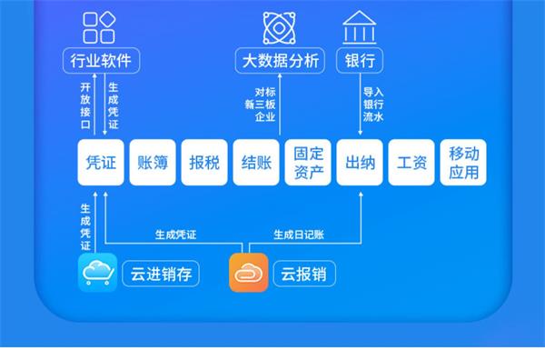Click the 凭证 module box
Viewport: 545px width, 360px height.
click(101, 163)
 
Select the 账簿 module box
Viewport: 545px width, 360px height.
click(153, 163)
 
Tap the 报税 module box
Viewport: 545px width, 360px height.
click(204, 163)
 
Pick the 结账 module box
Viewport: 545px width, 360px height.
click(256, 163)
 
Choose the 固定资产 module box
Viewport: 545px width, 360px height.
click(308, 163)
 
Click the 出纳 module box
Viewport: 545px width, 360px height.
click(360, 163)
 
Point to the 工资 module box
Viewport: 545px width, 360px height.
click(411, 163)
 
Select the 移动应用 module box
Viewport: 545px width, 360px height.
click(463, 163)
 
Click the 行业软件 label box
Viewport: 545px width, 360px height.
click(101, 61)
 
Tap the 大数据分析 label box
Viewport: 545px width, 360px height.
click(280, 61)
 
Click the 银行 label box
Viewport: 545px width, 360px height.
click(360, 61)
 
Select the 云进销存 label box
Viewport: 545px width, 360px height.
click(161, 274)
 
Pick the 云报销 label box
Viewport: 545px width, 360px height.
click(304, 274)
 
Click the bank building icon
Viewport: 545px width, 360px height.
click(360, 28)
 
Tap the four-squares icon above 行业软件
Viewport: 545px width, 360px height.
click(99, 27)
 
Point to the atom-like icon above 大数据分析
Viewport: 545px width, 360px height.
click(280, 28)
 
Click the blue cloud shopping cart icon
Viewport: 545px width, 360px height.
click(98, 273)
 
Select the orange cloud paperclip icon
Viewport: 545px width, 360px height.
click(249, 273)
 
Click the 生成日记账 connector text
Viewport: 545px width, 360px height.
click(299, 235)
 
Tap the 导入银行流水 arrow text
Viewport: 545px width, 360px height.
click(373, 105)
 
